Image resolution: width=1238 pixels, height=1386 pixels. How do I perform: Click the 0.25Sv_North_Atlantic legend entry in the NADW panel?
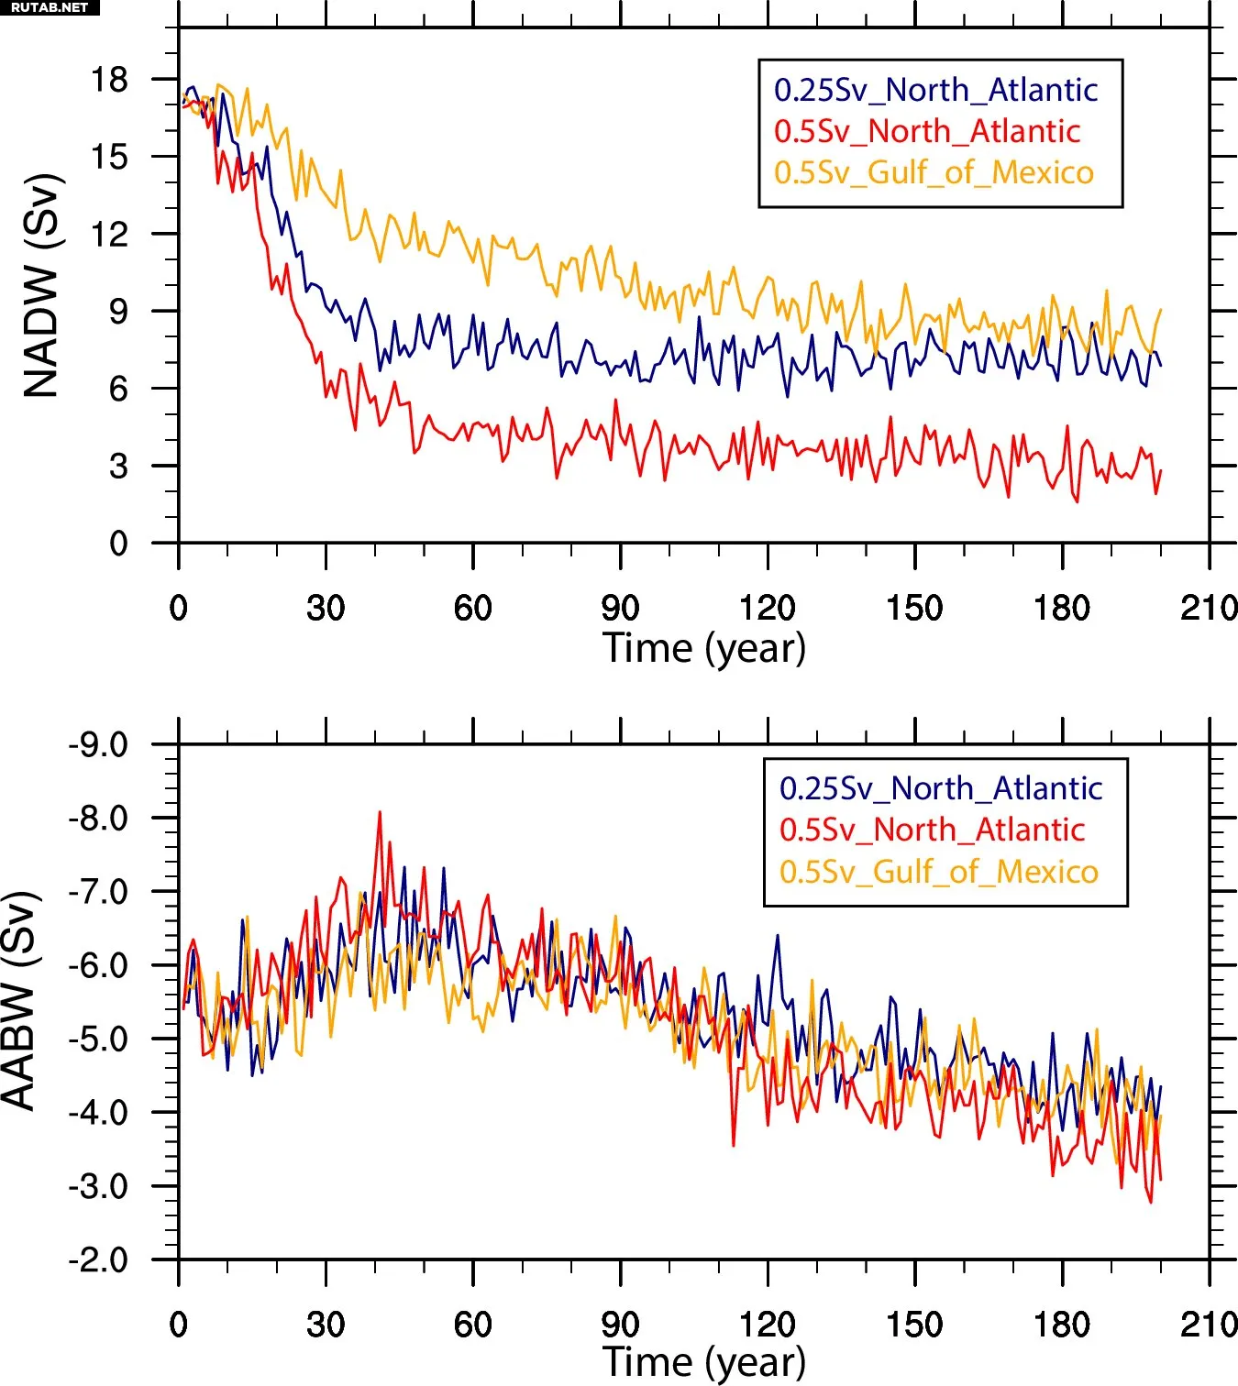pos(935,90)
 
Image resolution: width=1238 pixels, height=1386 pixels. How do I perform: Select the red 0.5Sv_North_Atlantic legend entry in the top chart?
pos(926,131)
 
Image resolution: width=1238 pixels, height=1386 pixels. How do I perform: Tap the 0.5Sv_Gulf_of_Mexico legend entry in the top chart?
pos(934,172)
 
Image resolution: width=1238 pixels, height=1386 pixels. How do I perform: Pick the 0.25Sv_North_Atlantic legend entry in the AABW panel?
pos(941,788)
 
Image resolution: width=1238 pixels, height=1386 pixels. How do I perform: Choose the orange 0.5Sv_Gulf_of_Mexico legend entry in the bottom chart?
pos(938,871)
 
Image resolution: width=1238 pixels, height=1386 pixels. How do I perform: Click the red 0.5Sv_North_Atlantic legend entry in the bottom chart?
pos(932,830)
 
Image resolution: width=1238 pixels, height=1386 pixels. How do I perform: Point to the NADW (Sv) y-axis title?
pos(42,285)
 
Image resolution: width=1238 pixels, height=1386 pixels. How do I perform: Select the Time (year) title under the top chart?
pos(704,648)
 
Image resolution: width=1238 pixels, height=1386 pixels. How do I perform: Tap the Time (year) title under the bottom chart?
pos(704,1362)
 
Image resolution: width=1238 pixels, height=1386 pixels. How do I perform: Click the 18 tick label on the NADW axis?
pos(109,80)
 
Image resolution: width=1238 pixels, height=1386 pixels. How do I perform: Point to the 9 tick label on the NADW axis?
pos(118,312)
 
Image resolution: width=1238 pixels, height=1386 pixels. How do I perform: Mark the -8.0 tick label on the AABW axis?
pos(98,818)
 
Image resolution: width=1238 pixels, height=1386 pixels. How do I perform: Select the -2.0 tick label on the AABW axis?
pos(98,1259)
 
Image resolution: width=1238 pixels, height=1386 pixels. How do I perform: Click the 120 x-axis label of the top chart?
pos(767,608)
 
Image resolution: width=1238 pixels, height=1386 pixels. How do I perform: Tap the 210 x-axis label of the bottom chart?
pos(1209,1325)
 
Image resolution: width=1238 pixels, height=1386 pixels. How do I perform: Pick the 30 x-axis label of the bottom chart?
pos(326,1325)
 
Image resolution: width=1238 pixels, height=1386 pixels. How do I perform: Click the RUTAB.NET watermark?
pos(50,7)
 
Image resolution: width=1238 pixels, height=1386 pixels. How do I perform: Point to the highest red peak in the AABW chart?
pos(380,812)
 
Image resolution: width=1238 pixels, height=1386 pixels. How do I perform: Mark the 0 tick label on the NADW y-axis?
pos(118,544)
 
